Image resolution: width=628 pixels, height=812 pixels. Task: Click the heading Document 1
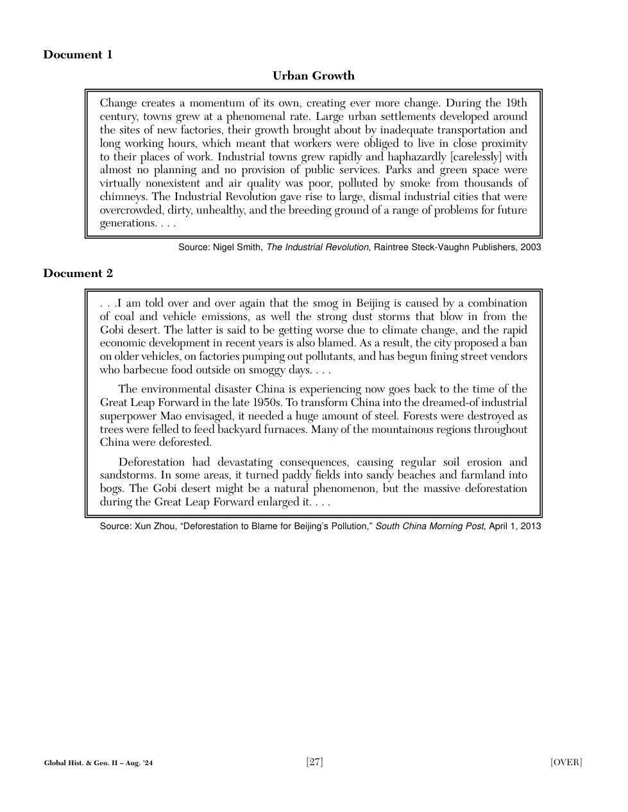pyautogui.click(x=78, y=55)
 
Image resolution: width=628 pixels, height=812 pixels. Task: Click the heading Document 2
pyautogui.click(x=78, y=273)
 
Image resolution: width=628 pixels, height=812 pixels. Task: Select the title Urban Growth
pyautogui.click(x=313, y=76)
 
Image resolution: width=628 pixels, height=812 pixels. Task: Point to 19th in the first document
pyautogui.click(x=516, y=103)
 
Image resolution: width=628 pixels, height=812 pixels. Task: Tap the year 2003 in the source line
pyautogui.click(x=530, y=248)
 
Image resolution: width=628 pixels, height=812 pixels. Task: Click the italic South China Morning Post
pyautogui.click(x=429, y=527)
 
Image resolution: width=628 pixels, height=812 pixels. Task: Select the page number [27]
pyautogui.click(x=314, y=762)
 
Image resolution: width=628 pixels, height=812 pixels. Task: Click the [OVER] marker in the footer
pyautogui.click(x=566, y=762)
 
